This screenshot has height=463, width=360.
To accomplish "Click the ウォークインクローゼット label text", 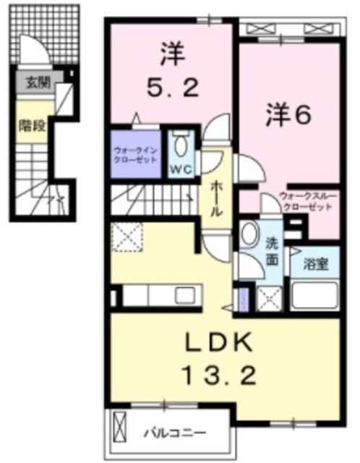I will (x=135, y=154).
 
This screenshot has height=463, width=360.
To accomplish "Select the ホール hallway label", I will (x=216, y=197).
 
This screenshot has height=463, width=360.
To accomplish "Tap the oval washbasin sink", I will (x=249, y=234).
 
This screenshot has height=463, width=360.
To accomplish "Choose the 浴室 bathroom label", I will (x=316, y=263).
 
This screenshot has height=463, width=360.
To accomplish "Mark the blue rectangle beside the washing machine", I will (x=243, y=297).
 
